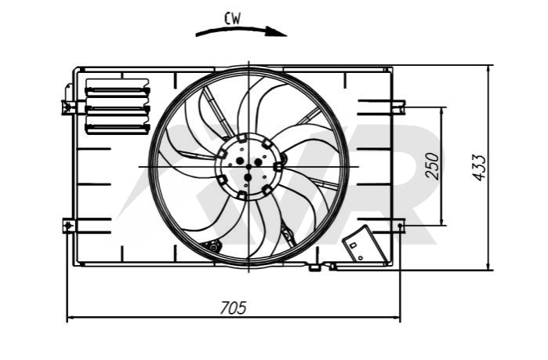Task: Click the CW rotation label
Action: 233,19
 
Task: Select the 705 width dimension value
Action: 233,308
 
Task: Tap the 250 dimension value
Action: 432,166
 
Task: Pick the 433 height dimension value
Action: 479,168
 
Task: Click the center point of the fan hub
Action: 249,167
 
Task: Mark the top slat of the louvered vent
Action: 118,91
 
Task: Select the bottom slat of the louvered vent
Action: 118,128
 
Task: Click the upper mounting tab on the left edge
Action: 68,106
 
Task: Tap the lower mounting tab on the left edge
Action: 69,226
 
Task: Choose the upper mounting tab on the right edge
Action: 398,106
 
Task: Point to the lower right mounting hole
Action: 400,225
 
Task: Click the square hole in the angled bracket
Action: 353,245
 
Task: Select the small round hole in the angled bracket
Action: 361,258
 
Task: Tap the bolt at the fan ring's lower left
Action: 213,247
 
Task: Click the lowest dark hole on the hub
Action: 248,178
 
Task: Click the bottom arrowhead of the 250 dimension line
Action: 442,220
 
